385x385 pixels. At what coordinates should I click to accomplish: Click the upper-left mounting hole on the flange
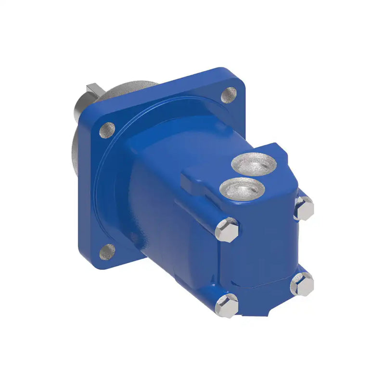coord(107,129)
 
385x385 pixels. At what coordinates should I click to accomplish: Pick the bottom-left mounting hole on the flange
coord(107,251)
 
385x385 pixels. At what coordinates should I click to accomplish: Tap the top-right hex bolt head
coord(304,208)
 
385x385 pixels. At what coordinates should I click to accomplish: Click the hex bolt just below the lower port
coord(227,229)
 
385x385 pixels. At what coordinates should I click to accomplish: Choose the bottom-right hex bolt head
coord(302,284)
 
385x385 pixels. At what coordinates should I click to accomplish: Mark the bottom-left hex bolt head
coord(226,304)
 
